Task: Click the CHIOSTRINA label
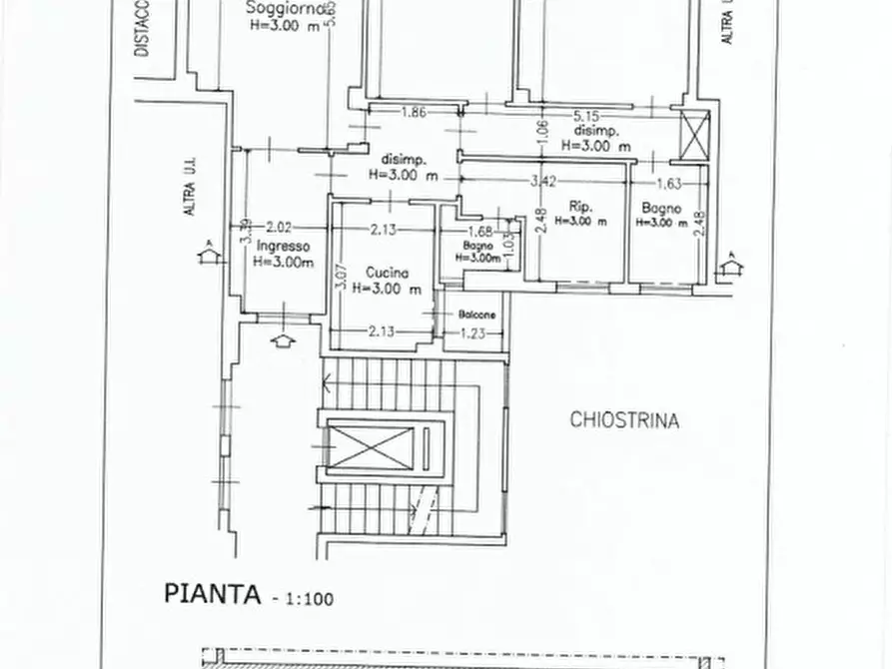click(x=624, y=420)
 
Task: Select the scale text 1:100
click(x=310, y=599)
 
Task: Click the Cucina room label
click(x=385, y=272)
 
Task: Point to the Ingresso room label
click(x=283, y=246)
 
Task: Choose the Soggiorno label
click(x=283, y=11)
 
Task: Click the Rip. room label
click(x=580, y=207)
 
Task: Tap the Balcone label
click(x=476, y=316)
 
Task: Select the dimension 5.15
click(x=586, y=116)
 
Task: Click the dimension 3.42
click(x=542, y=181)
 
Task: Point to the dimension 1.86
click(x=414, y=113)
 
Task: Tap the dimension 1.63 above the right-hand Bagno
click(x=669, y=183)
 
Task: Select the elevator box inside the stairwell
click(x=372, y=446)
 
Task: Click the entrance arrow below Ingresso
click(x=284, y=340)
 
